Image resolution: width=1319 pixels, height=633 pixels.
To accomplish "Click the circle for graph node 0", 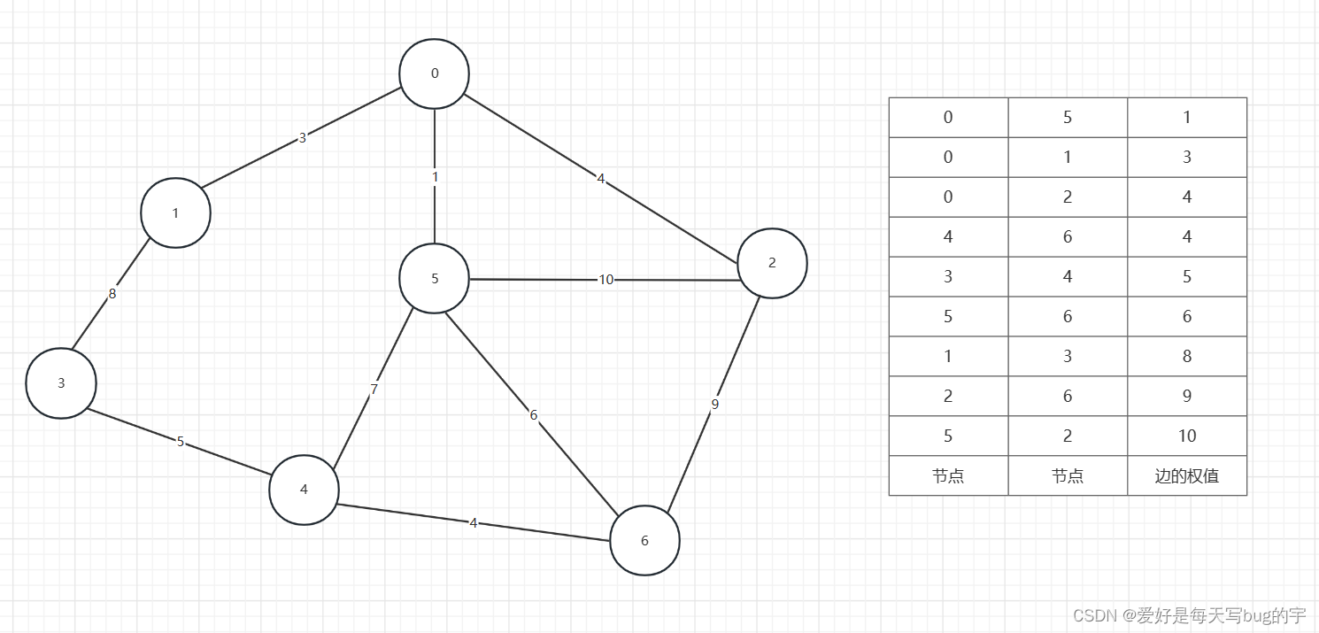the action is [434, 74].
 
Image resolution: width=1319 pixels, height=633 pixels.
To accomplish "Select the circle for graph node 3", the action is [61, 383].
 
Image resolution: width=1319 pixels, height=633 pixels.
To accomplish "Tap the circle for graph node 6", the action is [644, 541].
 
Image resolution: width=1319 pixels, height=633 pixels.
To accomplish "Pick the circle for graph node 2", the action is [772, 263].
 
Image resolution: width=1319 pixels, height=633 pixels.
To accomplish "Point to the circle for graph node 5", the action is [434, 279].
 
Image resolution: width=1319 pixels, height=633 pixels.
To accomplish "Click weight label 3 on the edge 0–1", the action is [302, 138].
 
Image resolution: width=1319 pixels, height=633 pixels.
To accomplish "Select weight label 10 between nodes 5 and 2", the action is [606, 280].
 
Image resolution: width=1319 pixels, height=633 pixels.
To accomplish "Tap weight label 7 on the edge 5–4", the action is [374, 389].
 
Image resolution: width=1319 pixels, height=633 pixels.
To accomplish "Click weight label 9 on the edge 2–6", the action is [715, 405].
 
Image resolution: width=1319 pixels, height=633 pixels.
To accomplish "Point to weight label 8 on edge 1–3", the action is [112, 294].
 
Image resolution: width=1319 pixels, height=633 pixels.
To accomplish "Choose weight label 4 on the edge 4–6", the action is [474, 523].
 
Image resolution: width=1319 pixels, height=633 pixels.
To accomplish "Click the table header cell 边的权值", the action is [1186, 476].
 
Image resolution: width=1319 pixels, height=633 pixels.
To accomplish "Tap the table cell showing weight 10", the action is [1186, 436].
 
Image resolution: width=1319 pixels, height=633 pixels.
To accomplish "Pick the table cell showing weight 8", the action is [1186, 356].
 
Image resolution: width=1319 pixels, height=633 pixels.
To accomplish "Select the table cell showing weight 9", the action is [1186, 396].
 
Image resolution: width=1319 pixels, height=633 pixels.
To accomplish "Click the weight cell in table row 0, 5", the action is [1186, 117].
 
